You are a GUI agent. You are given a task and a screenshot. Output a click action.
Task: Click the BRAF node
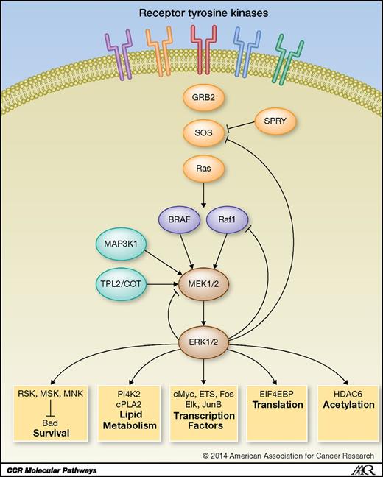(x=177, y=219)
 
